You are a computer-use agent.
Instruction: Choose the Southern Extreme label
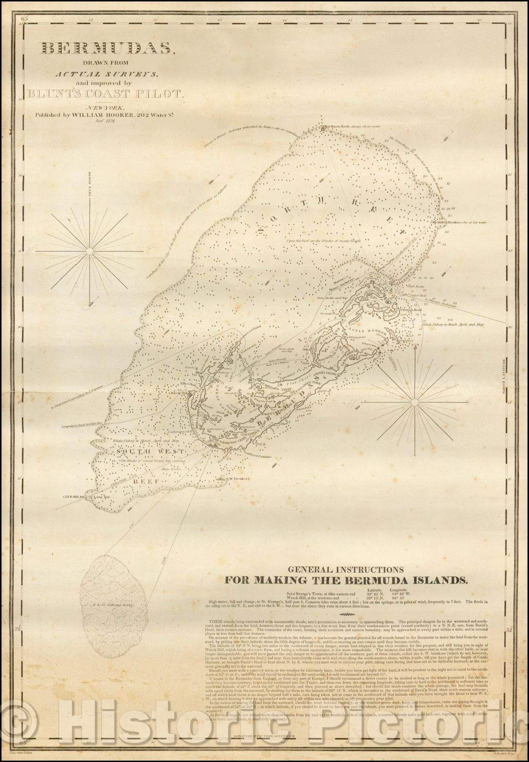click(x=257, y=456)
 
